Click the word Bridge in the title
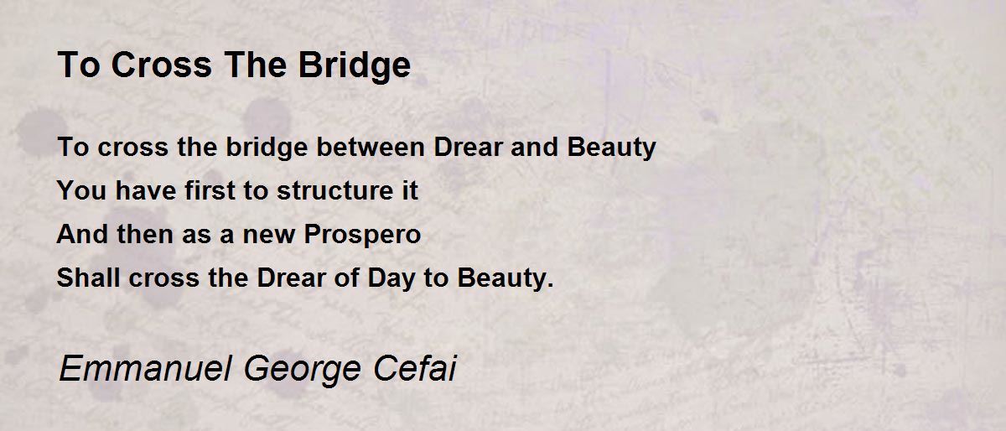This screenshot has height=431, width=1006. (x=355, y=66)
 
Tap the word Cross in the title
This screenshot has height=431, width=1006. (x=161, y=65)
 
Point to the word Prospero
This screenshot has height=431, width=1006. (x=362, y=235)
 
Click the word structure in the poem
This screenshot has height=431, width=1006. (x=335, y=190)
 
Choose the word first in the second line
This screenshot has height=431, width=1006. (x=210, y=190)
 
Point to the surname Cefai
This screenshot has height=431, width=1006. (x=414, y=368)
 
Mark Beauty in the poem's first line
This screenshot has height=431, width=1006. (x=611, y=148)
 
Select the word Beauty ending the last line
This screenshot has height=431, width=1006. (x=501, y=278)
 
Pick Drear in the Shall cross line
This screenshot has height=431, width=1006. (x=291, y=278)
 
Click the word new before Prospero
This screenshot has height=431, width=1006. (x=268, y=236)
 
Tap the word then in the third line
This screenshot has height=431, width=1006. (x=145, y=234)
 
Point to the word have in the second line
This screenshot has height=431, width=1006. (x=146, y=190)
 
